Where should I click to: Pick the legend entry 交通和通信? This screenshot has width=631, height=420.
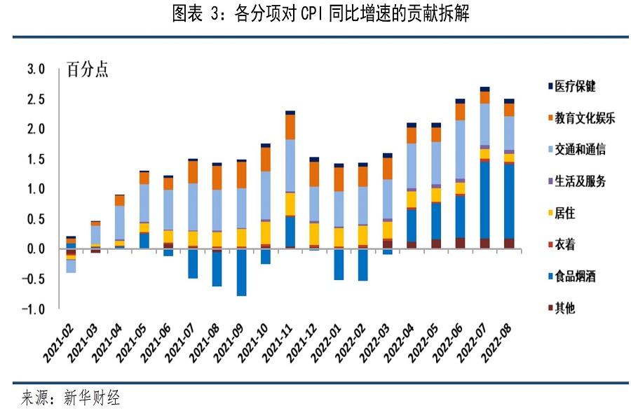coord(580,150)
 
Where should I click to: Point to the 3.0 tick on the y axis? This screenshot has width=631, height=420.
coord(36,69)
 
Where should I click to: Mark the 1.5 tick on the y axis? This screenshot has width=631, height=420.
coord(36,160)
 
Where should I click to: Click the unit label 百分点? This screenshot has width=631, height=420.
coord(88,70)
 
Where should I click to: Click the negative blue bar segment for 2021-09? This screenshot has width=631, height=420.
coord(241,272)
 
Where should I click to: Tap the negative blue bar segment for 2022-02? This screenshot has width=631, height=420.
coord(362,265)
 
